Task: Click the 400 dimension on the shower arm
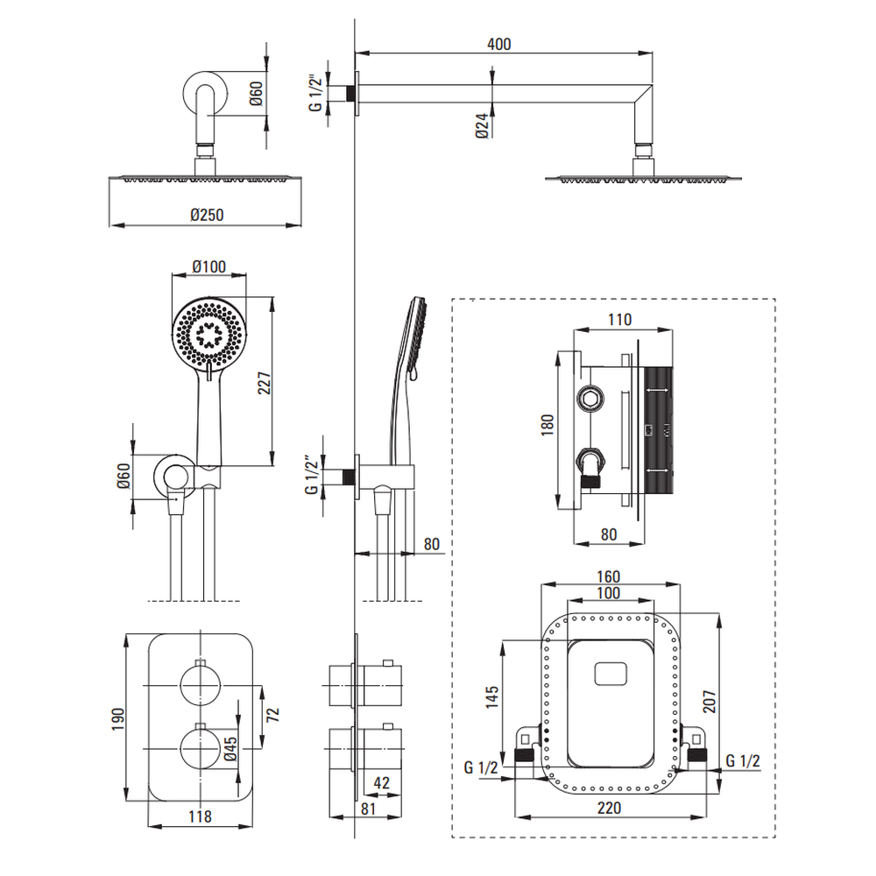click(499, 44)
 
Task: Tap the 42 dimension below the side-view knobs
click(381, 781)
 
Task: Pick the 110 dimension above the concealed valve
click(618, 320)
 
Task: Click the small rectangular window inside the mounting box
click(611, 674)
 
